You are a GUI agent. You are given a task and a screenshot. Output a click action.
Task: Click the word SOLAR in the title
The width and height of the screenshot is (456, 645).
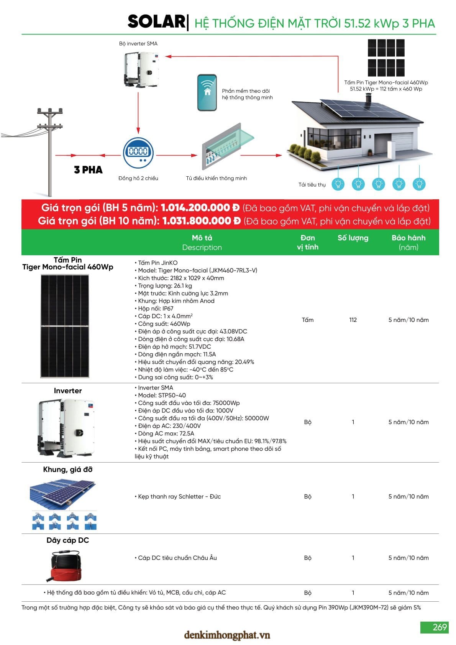pyautogui.click(x=156, y=22)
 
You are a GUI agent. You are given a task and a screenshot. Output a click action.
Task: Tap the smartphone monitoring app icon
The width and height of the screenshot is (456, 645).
pyautogui.click(x=207, y=93)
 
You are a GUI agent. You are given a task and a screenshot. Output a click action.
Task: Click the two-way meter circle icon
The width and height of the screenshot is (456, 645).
pyautogui.click(x=138, y=152)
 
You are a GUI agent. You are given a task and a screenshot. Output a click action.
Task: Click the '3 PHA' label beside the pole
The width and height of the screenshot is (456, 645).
pyautogui.click(x=88, y=170)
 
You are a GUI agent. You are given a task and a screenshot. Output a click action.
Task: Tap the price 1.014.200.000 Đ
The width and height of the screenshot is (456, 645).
pyautogui.click(x=200, y=208)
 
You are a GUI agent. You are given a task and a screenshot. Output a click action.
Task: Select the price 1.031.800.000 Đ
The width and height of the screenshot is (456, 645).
pyautogui.click(x=201, y=221)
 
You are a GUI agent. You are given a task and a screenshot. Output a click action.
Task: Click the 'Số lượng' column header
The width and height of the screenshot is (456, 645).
pyautogui.click(x=353, y=238)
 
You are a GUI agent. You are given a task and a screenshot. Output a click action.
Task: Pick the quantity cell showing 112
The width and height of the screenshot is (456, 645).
pyautogui.click(x=353, y=320)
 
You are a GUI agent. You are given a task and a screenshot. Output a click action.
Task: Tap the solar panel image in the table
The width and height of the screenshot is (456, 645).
pyautogui.click(x=65, y=326)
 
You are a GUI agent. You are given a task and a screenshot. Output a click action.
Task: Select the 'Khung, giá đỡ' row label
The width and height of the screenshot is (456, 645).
pyautogui.click(x=68, y=469)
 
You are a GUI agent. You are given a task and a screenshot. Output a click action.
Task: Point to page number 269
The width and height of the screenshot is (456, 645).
pyautogui.click(x=439, y=627)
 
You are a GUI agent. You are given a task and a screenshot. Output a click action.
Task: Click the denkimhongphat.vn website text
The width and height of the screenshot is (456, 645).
pyautogui.click(x=227, y=635)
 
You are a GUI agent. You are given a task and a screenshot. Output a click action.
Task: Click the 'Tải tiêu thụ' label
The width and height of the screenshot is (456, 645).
pyautogui.click(x=312, y=185)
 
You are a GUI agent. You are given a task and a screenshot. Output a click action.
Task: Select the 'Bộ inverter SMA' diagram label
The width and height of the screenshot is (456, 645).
pyautogui.click(x=138, y=44)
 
